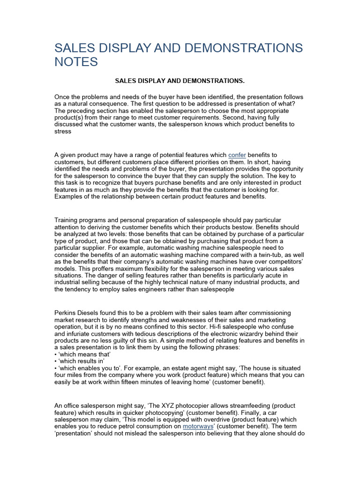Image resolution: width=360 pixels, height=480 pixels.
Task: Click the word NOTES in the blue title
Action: tap(76, 61)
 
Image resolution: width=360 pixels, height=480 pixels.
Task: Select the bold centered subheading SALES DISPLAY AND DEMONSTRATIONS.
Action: tap(180, 81)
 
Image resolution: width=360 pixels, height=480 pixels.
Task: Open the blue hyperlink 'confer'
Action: tap(237, 155)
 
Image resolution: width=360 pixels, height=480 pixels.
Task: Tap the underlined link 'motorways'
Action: tap(198, 427)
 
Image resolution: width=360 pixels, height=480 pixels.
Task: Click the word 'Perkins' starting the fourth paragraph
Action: tap(66, 313)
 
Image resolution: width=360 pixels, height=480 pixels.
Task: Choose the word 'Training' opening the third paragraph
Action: tap(68, 219)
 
